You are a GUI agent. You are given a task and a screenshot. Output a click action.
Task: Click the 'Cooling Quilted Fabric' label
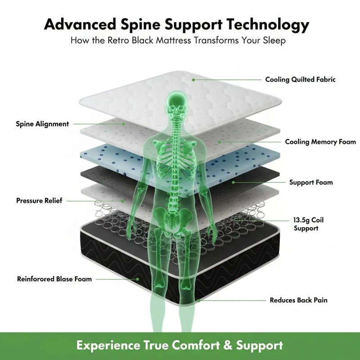coord(300,80)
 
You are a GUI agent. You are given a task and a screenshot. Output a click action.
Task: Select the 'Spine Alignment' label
coord(42,124)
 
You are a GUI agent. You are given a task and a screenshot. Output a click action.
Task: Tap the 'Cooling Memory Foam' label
coord(320,142)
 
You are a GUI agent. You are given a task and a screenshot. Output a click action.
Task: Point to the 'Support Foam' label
coord(311,182)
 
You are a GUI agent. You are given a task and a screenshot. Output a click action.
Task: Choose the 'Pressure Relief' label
coord(39,201)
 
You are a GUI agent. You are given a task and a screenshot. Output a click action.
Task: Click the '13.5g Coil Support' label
coord(308,224)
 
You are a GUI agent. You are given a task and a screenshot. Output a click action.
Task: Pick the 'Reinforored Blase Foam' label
coord(54,279)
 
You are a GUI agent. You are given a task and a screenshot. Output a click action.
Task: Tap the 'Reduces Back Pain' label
coord(298,300)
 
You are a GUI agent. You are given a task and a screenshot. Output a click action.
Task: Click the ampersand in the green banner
coord(228,345)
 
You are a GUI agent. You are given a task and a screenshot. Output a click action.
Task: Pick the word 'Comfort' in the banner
coord(196,345)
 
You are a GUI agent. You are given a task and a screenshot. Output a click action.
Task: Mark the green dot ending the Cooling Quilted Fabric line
coord(193,80)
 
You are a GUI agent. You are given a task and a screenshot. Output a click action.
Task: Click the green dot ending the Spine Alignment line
coord(124,124)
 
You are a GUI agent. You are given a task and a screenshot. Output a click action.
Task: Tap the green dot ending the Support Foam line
coord(233,182)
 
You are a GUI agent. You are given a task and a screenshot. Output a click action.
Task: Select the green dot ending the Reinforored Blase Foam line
coord(138,279)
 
